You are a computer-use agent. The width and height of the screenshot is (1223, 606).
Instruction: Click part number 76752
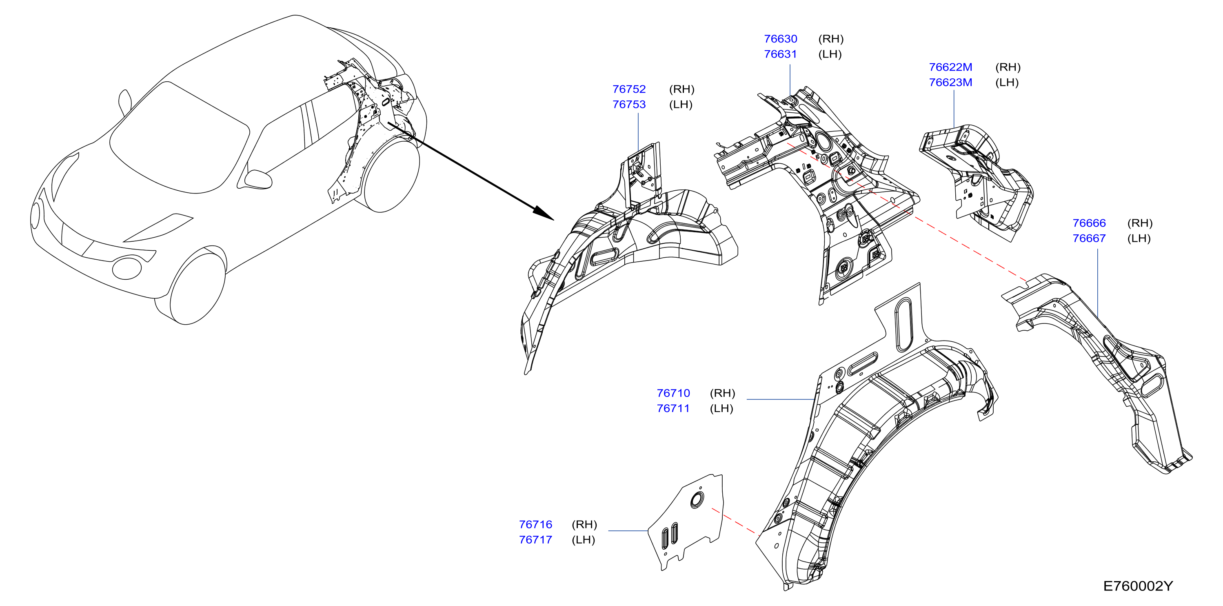click(629, 89)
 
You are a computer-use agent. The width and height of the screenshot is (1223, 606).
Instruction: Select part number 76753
click(629, 105)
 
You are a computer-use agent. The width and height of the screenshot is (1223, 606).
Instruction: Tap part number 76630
click(781, 39)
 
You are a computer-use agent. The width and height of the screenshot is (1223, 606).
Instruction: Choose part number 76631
click(781, 54)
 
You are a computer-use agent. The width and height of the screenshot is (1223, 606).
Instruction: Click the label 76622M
click(950, 67)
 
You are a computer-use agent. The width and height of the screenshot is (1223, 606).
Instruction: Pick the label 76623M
click(950, 82)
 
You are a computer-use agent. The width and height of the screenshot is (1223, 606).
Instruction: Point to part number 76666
click(1089, 223)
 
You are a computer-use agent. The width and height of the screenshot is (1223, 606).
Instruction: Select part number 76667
click(1089, 238)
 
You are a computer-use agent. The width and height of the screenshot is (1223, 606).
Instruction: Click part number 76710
click(673, 393)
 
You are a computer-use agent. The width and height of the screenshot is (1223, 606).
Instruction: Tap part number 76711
click(673, 408)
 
